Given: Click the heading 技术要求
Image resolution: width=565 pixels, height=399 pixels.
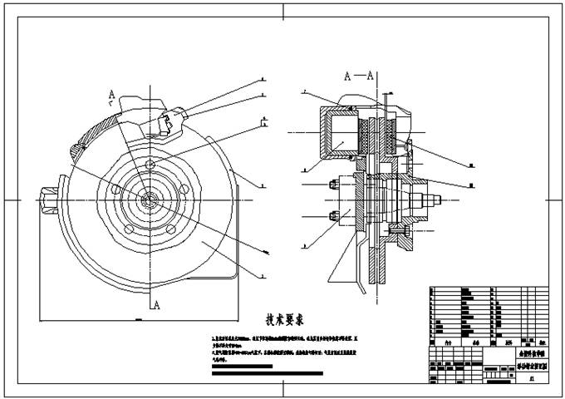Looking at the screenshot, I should pyautogui.click(x=284, y=319).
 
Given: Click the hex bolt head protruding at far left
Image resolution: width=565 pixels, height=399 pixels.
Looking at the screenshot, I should pyautogui.click(x=47, y=199).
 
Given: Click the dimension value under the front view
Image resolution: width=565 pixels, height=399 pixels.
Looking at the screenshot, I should pyautogui.click(x=138, y=318).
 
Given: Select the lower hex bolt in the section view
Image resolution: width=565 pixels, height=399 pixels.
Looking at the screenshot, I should pyautogui.click(x=335, y=218).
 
